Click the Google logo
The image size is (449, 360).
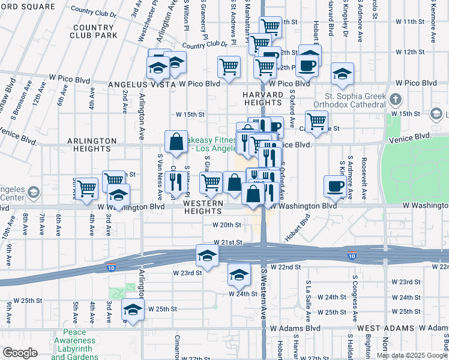click(20, 353)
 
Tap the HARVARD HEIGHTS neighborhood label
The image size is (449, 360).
click(263, 100)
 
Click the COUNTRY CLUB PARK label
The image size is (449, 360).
click(95, 31)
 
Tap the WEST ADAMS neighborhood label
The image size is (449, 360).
click(385, 328)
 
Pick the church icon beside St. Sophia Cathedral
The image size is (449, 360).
click(395, 98)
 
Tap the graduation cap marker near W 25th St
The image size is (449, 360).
click(133, 310)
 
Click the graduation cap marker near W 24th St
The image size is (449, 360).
click(239, 275)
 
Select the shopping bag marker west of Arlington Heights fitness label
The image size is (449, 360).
click(176, 142)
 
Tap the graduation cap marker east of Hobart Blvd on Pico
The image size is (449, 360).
click(342, 74)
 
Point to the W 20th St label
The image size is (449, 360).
click(226, 225)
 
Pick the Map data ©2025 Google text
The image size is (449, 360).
click(411, 355)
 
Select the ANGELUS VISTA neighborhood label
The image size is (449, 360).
click(142, 85)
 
